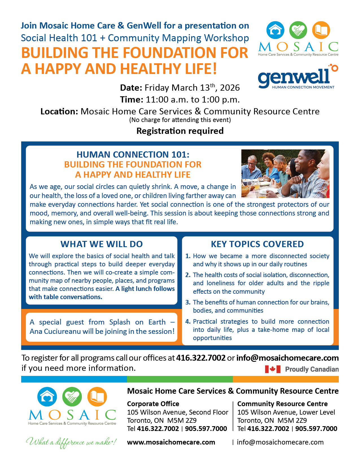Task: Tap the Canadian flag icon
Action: click(272, 369)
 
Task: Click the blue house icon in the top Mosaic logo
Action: click(275, 30)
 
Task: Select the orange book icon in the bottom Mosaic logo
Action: click(97, 397)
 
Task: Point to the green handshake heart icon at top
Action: click(298, 30)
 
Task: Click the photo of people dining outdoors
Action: click(285, 173)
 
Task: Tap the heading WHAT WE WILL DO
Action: click(102, 244)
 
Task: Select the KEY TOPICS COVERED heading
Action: click(257, 244)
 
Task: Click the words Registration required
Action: click(180, 131)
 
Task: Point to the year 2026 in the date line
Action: click(230, 88)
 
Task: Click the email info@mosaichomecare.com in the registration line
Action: click(287, 358)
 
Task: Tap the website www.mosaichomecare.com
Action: click(171, 442)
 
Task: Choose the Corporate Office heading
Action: click(153, 404)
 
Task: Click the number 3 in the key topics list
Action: click(188, 302)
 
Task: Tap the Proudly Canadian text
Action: click(312, 369)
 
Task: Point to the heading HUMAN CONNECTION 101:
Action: click(133, 154)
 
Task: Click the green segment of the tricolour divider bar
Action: click(180, 379)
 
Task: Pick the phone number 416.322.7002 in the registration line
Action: click(201, 358)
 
